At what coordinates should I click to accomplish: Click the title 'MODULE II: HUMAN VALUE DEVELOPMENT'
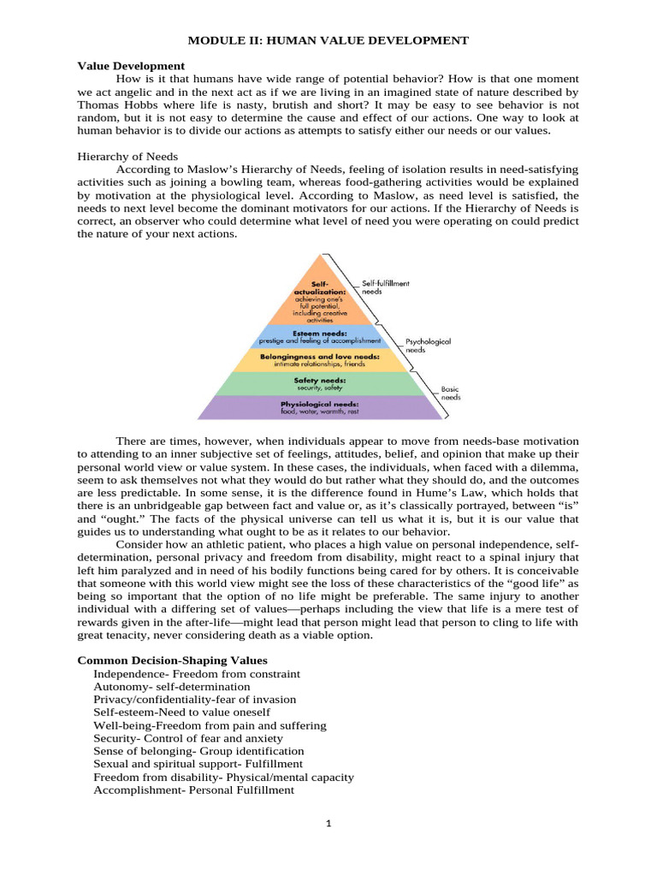(x=328, y=40)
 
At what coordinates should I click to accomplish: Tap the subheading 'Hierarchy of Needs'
(x=127, y=157)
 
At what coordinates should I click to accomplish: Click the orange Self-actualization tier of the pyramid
(x=318, y=295)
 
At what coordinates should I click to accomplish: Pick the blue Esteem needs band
(x=318, y=335)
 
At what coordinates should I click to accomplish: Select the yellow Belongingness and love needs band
(x=318, y=359)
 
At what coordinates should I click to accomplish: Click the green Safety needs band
(x=318, y=383)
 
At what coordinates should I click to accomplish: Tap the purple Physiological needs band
(x=318, y=407)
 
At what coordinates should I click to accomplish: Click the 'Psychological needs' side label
(x=429, y=346)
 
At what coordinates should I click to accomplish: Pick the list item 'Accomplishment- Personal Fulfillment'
(x=193, y=790)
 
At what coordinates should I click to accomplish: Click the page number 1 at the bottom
(x=328, y=823)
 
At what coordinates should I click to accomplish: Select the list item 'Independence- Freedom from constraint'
(x=197, y=673)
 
